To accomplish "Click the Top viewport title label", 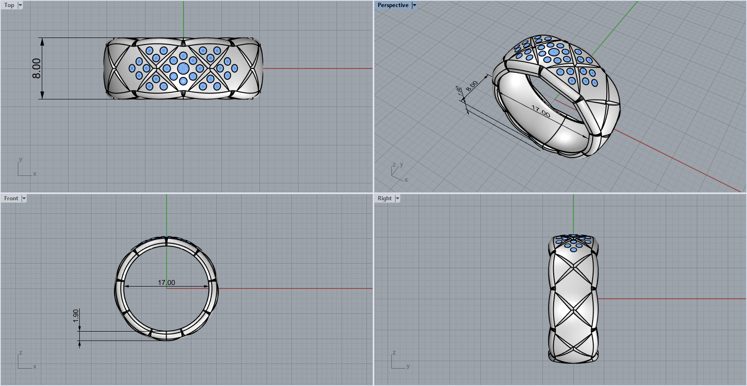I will click(x=9, y=5).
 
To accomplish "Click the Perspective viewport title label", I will click(x=393, y=5).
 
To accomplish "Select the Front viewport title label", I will click(x=11, y=198).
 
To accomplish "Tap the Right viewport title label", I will click(x=384, y=198).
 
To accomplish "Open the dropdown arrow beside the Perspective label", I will click(x=414, y=5).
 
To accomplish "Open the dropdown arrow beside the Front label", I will click(x=24, y=198).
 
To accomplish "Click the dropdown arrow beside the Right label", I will click(x=397, y=198).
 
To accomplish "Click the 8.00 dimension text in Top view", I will click(x=36, y=68).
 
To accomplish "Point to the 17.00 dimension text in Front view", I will click(x=166, y=282).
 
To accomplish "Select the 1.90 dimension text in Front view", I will click(x=76, y=315).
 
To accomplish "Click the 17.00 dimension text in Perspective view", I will click(x=541, y=111).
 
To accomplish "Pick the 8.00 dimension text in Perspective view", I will click(x=472, y=86).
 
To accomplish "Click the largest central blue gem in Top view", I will click(x=183, y=68).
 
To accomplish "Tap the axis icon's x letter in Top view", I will click(x=35, y=174).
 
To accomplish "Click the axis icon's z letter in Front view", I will click(x=21, y=353).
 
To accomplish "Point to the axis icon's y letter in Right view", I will click(x=408, y=366).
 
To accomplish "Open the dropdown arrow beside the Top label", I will click(x=20, y=5).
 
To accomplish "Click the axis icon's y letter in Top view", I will click(x=20, y=159).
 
